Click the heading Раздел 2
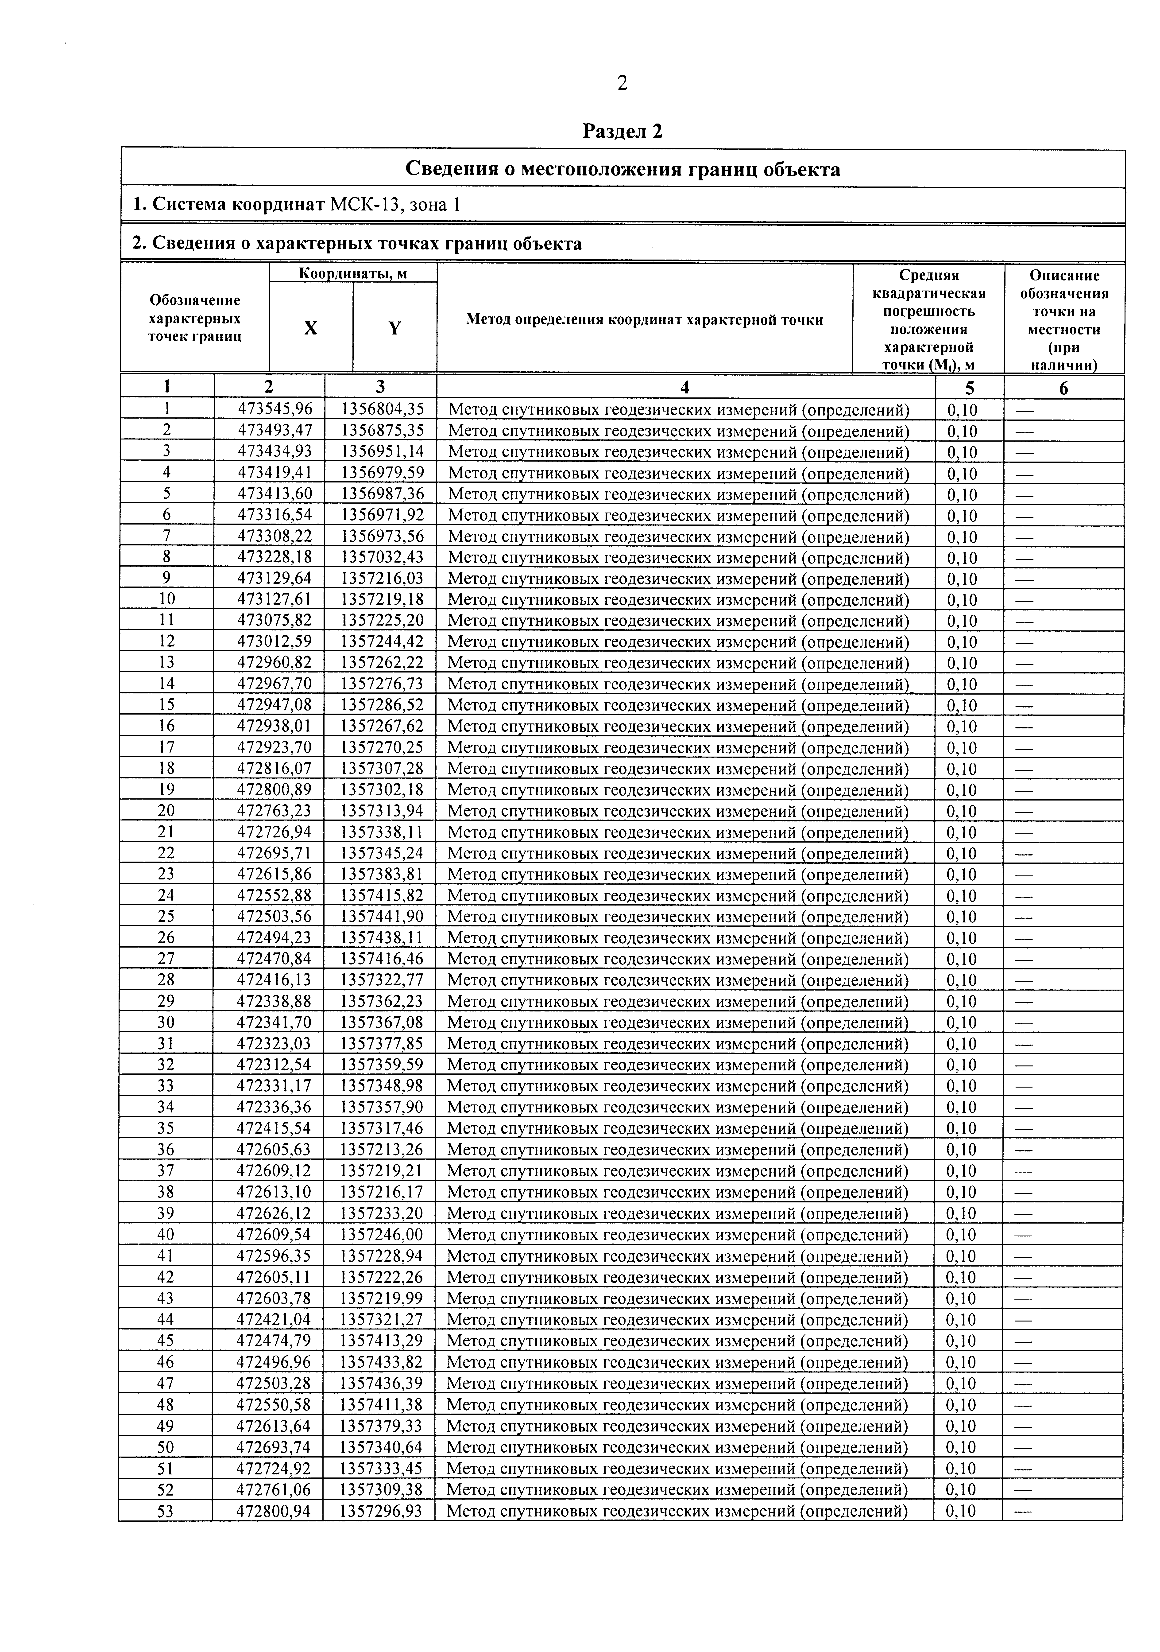622,132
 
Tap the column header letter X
311,328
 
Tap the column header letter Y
394,328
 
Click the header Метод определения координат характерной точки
644,319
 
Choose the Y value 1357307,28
382,768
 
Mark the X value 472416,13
274,980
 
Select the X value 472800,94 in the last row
273,1510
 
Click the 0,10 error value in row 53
961,1510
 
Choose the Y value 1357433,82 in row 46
381,1362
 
